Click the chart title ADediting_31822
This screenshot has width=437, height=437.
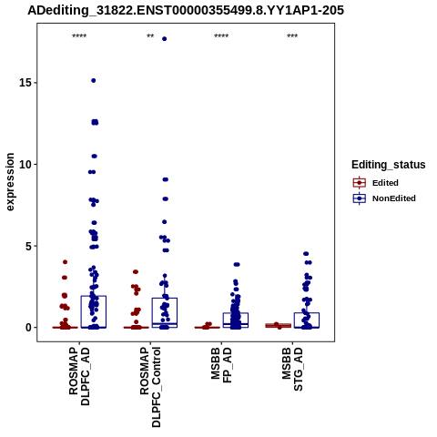pos(186,11)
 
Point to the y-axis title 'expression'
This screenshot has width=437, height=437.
pos(10,182)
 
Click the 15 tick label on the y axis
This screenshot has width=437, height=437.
pos(25,83)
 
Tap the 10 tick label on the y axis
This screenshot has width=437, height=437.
pos(25,164)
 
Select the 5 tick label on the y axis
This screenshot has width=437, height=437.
pos(29,246)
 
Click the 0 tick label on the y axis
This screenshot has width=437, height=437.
pos(29,328)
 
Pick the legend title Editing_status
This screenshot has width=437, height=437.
pos(389,165)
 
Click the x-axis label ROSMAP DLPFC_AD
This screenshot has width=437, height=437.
pos(79,376)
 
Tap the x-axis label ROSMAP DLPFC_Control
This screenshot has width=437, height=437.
pos(150,387)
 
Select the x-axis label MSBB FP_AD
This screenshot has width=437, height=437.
pos(221,365)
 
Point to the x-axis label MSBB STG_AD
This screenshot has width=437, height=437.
pos(292,369)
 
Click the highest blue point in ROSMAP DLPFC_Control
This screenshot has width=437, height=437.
pos(165,39)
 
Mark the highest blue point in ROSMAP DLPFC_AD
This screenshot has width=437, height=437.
pos(94,80)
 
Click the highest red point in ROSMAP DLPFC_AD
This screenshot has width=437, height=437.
pos(65,262)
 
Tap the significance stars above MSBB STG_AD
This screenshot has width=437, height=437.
pos(292,36)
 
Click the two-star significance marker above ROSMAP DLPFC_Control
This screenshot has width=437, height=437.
pos(150,36)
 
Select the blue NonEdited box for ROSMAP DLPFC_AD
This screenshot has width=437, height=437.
pos(94,312)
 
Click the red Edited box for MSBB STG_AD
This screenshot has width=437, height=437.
pos(279,326)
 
